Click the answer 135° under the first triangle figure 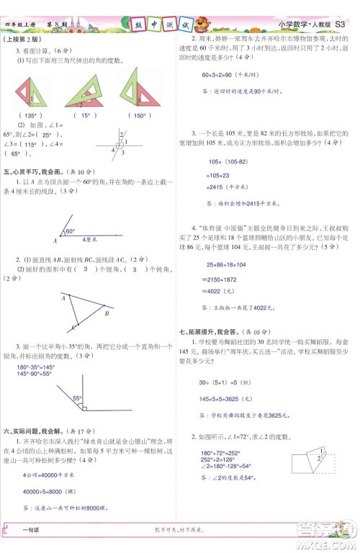[30, 115]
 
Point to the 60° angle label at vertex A [71, 232]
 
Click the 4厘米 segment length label [90, 238]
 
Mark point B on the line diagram [107, 313]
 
